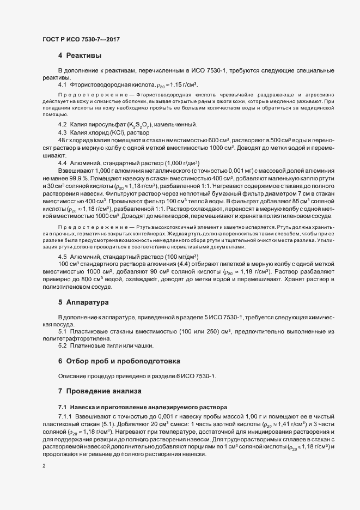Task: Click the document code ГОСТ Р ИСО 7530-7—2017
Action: [x=81, y=40]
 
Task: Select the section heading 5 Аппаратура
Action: [x=84, y=301]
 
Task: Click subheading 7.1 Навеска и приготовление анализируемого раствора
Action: [x=143, y=407]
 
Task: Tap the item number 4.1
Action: [x=62, y=86]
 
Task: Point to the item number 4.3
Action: [x=62, y=132]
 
